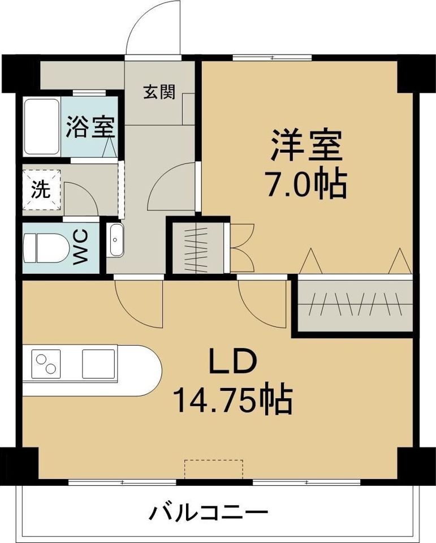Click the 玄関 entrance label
coord(159,92)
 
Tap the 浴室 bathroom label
coord(90,127)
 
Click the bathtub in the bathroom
coord(42,127)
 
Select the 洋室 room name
coord(307,146)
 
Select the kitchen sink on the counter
coord(99,363)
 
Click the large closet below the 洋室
coord(356,306)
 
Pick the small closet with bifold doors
coord(198,248)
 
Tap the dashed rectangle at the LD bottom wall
coord(214,469)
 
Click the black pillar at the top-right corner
coord(416,72)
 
